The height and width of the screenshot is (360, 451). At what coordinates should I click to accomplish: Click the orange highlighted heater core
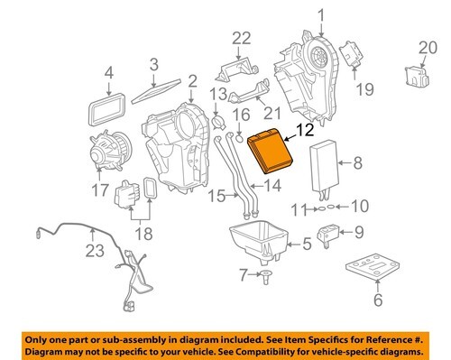coord(271,150)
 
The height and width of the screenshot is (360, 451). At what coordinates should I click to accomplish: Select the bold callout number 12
coord(305,130)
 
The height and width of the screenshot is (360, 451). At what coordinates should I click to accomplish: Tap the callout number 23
coord(95,251)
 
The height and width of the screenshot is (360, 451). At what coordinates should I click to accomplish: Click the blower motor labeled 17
coord(110,152)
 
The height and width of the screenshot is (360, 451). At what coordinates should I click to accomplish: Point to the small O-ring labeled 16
coord(239,139)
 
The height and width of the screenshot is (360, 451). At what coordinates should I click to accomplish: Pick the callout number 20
coord(428,48)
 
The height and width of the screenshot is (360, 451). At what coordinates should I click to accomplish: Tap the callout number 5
coord(307,244)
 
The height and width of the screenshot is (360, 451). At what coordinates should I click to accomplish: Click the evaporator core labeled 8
coord(325,166)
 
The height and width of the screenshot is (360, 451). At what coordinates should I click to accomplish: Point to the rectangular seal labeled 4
coord(106,110)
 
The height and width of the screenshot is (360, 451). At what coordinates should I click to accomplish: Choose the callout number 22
coord(242,38)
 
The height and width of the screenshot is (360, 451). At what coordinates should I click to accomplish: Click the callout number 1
coord(321,15)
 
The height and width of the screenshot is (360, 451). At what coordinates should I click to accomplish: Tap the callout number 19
coord(365,89)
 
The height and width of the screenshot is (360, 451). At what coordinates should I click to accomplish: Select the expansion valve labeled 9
coord(328,235)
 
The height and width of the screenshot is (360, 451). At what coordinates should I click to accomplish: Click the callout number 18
coord(143,234)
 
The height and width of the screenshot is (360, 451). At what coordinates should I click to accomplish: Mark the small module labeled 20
coord(417,77)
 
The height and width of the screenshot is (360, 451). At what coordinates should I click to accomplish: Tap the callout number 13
coord(218,94)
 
